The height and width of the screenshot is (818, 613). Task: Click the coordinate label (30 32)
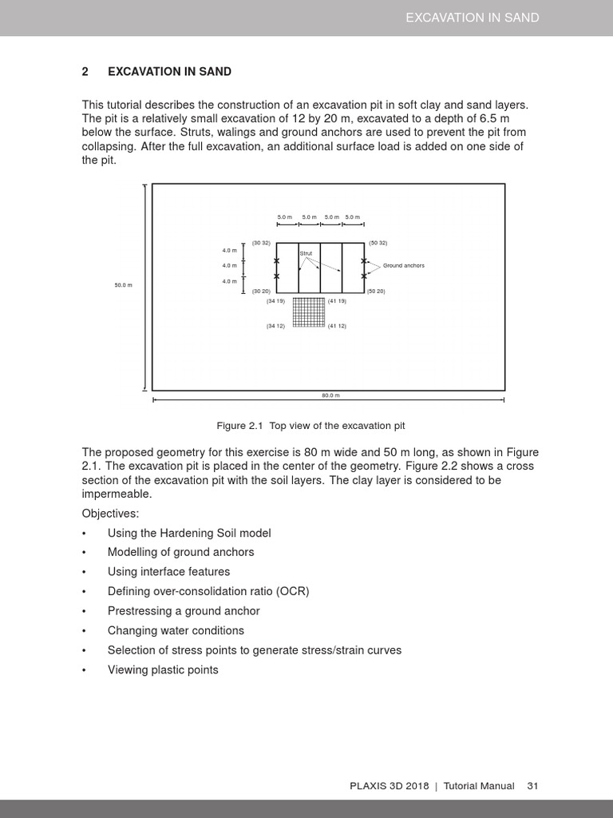(261, 243)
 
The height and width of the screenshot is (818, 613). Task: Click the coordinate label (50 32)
(378, 243)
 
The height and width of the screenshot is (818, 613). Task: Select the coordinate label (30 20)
(261, 292)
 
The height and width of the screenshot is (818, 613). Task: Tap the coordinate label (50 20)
(377, 292)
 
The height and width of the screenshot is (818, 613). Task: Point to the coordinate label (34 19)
(275, 301)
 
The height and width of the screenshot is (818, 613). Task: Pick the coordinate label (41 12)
(337, 326)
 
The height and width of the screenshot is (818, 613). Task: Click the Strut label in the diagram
(306, 253)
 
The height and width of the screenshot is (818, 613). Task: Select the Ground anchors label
(404, 265)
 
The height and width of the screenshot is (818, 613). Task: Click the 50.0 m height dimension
(123, 285)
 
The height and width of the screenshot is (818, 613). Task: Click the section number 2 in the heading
(85, 72)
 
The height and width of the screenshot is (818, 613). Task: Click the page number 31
(533, 786)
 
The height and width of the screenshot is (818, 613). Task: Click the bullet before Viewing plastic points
(84, 670)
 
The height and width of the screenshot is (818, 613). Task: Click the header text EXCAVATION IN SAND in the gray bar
(473, 18)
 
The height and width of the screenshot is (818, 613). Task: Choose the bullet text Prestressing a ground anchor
(184, 611)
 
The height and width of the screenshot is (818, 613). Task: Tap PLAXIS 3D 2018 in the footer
(389, 786)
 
